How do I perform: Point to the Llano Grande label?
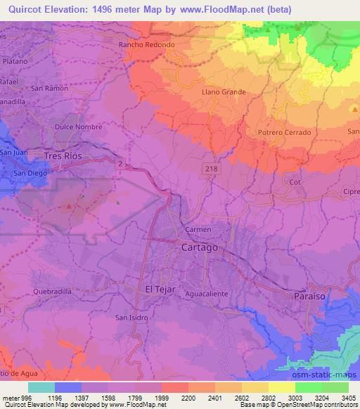[224, 92]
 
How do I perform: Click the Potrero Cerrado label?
[284, 132]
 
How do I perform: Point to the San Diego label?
[30, 173]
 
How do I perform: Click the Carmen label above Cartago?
[198, 231]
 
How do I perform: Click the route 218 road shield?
[210, 169]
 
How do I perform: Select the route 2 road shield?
[120, 164]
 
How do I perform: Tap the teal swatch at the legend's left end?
[41, 387]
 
